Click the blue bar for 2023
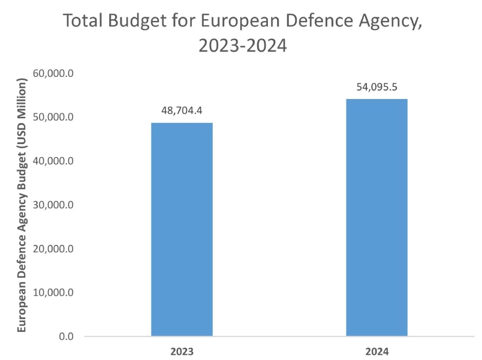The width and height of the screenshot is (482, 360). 182,229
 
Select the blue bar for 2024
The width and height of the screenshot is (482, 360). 376,217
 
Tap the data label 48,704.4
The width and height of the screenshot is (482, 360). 182,111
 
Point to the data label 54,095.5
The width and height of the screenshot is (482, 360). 376,87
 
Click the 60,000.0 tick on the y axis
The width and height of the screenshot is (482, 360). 53,74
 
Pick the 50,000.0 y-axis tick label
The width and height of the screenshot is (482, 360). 53,118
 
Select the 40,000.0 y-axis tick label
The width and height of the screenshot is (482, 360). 53,161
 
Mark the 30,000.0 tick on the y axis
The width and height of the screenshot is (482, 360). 53,205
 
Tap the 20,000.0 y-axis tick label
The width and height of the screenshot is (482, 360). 53,249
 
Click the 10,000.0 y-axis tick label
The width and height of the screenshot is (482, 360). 53,293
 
